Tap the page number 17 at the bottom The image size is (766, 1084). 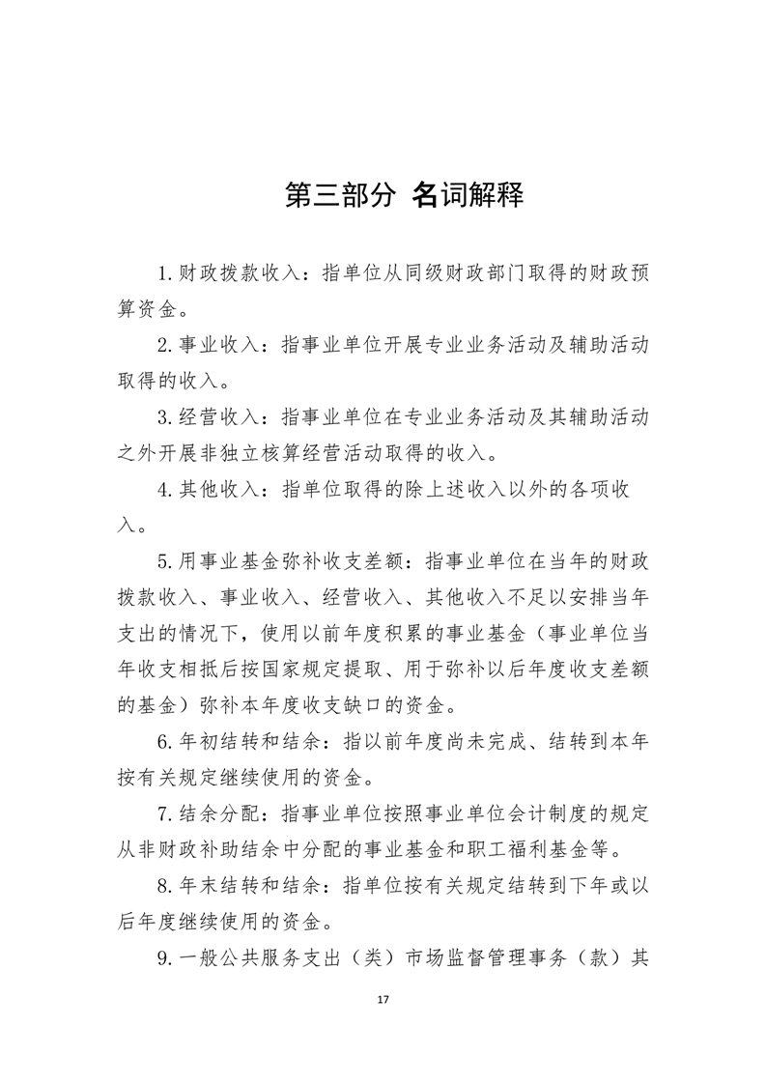(x=383, y=998)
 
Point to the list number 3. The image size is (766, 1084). (x=165, y=417)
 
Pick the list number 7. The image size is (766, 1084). (x=165, y=814)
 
